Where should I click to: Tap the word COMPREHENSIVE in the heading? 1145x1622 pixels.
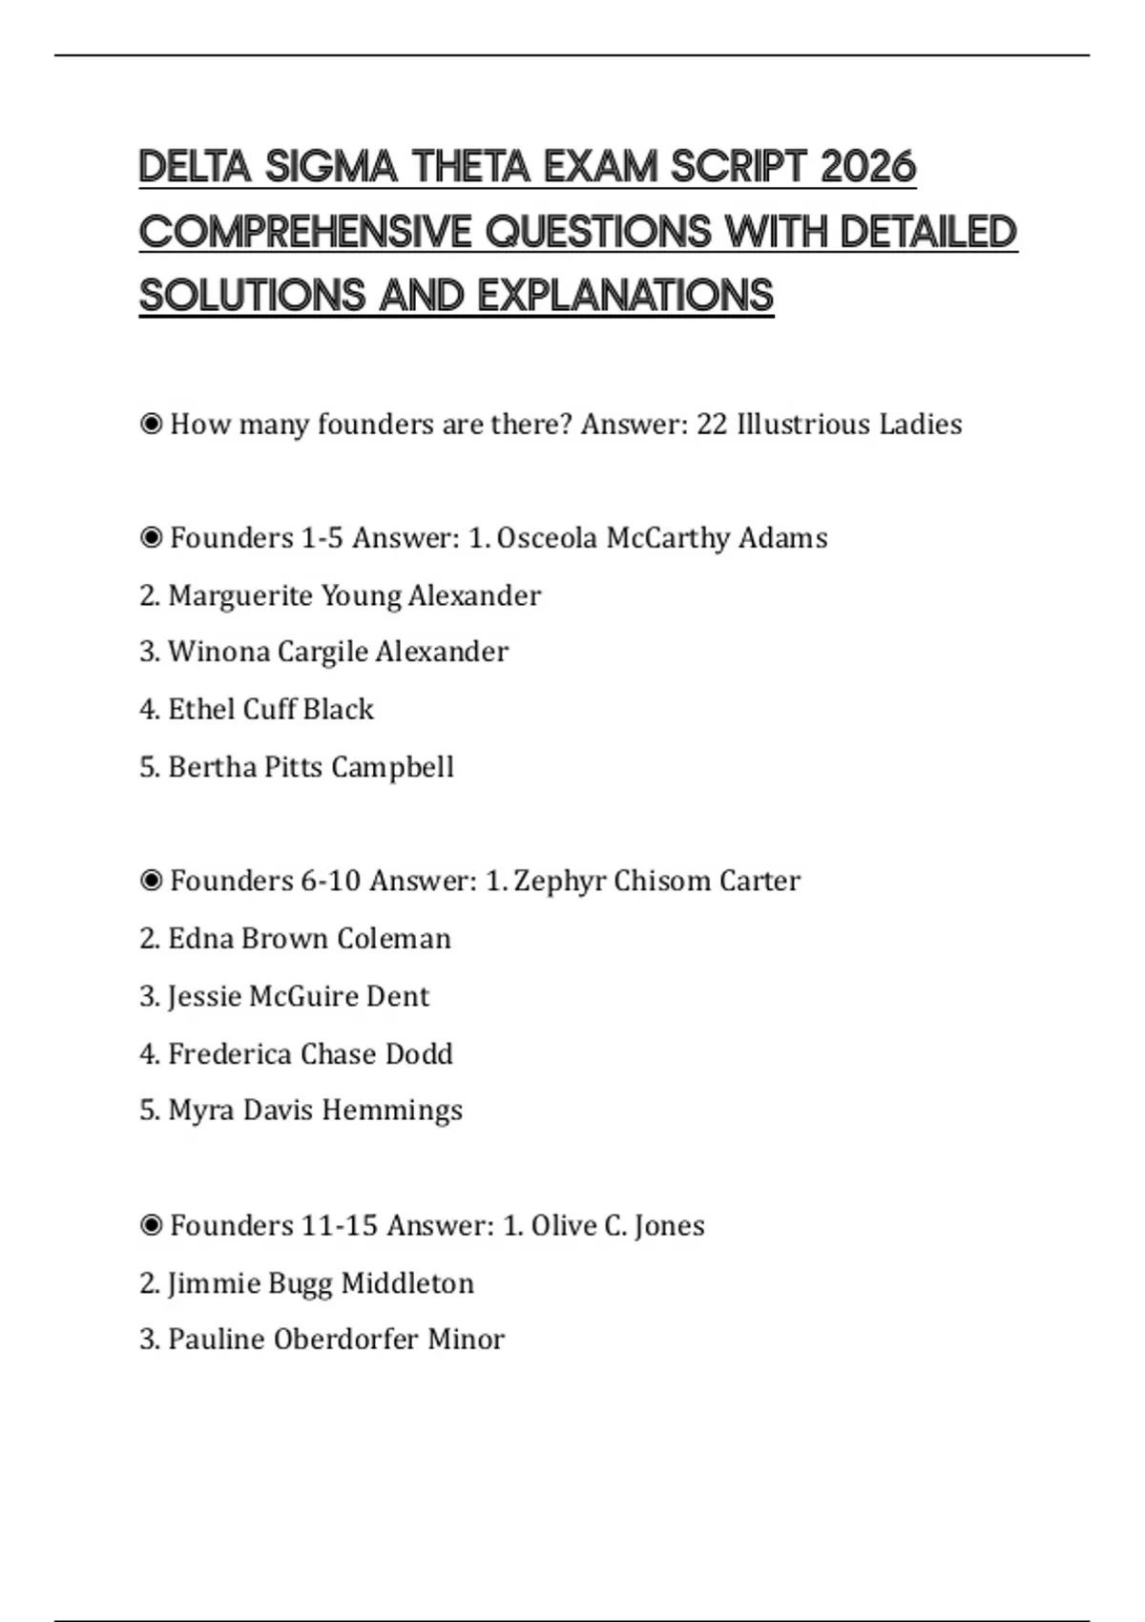305,232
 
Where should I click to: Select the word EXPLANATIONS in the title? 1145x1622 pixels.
625,296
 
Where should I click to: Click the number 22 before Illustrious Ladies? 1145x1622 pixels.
712,425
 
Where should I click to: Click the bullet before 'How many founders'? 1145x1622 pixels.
151,425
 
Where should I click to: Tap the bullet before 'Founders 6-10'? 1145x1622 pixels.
151,881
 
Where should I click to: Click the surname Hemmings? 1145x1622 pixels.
391,1111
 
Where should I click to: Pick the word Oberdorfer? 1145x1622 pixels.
345,1341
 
